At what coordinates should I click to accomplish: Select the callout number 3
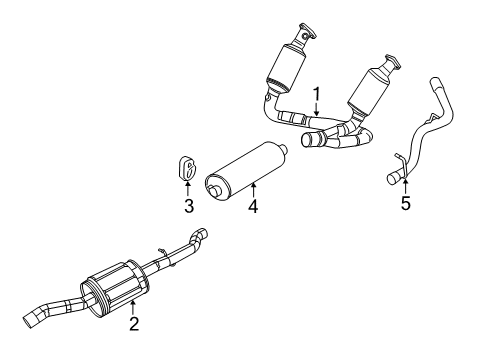coord(187,207)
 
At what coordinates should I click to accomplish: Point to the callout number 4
coord(253,207)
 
